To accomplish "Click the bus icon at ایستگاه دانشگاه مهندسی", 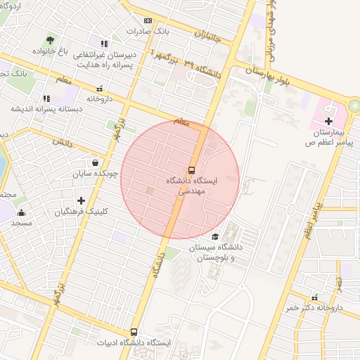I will [191, 170].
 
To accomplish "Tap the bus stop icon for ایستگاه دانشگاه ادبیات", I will [134, 332].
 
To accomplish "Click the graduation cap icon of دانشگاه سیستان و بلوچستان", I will [215, 237].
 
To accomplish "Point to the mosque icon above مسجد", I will [21, 213].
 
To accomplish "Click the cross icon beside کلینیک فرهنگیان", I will [81, 200].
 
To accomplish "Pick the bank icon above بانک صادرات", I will [148, 21].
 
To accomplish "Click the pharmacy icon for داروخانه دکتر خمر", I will [314, 297].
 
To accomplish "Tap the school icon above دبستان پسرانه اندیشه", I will [46, 99].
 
